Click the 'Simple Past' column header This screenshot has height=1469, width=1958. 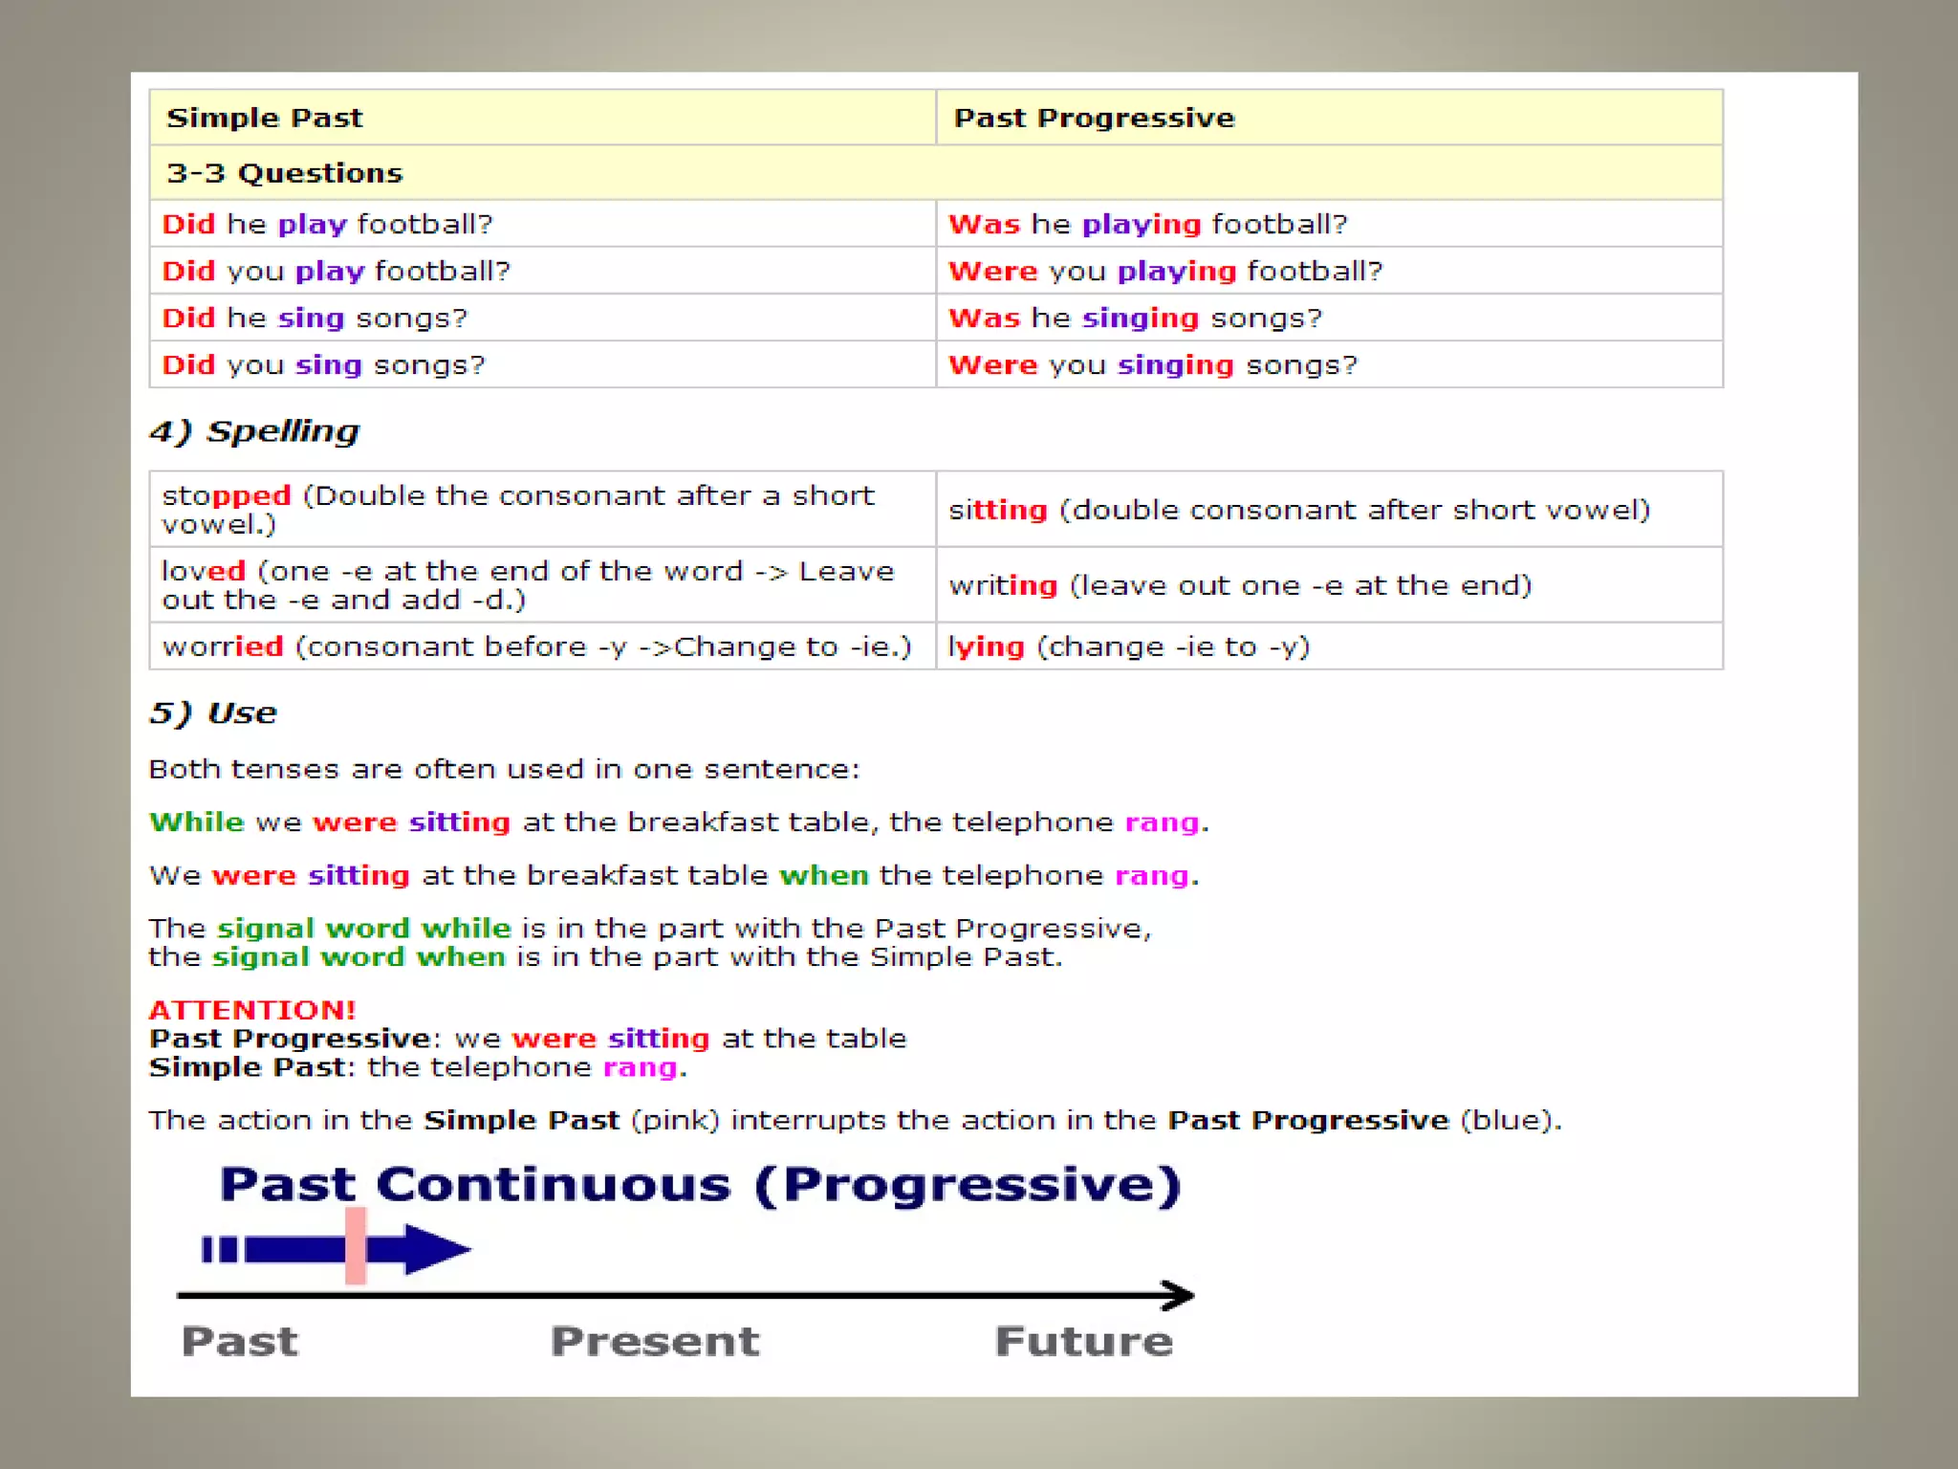(x=264, y=118)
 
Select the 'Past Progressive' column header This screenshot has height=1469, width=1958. (x=1094, y=118)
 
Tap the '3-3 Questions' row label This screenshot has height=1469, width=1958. (x=284, y=173)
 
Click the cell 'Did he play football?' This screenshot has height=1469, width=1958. (x=327, y=224)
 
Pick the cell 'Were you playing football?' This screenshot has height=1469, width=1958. (x=1164, y=271)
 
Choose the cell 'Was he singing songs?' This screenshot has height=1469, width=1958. (x=1134, y=318)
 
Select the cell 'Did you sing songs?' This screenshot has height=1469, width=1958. (x=323, y=364)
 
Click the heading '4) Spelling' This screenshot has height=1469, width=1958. (x=254, y=431)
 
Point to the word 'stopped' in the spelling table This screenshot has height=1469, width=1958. (x=227, y=495)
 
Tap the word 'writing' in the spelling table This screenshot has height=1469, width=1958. (x=1003, y=585)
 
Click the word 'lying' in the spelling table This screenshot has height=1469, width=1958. (x=986, y=647)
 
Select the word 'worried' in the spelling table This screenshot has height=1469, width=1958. (x=223, y=647)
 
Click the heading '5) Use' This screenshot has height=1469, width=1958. (x=213, y=713)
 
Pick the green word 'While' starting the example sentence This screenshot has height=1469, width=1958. (x=197, y=822)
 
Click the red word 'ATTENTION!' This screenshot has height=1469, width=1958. (x=252, y=1010)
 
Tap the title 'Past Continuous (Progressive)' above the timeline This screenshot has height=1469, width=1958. (x=700, y=1185)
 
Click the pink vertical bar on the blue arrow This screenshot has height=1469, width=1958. (x=356, y=1245)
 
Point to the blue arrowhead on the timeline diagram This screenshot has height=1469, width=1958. (x=436, y=1249)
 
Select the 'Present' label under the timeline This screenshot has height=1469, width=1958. (x=655, y=1341)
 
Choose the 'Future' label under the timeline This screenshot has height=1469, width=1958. (x=1083, y=1341)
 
